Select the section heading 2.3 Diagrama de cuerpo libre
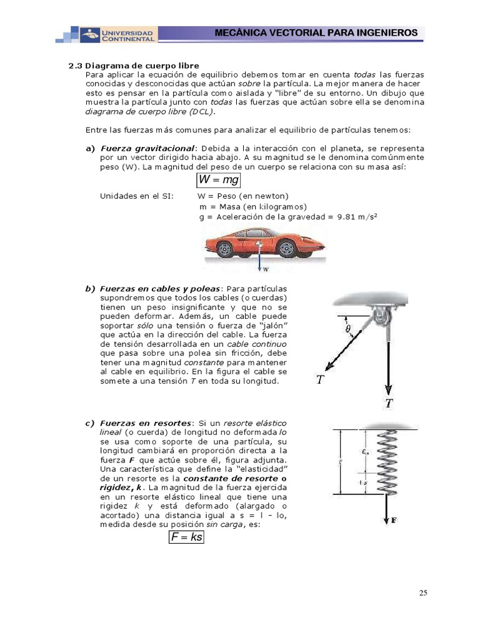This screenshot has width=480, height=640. pos(133,66)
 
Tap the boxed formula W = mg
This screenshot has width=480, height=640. pos(219,180)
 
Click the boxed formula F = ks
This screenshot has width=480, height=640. pos(187,536)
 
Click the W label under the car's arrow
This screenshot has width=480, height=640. pos(266,271)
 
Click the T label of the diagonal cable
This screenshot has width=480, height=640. pos(320,379)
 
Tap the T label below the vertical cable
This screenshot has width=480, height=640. pos(389,403)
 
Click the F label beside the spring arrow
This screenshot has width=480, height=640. pos(394,519)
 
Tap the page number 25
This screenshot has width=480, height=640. pos(423,593)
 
